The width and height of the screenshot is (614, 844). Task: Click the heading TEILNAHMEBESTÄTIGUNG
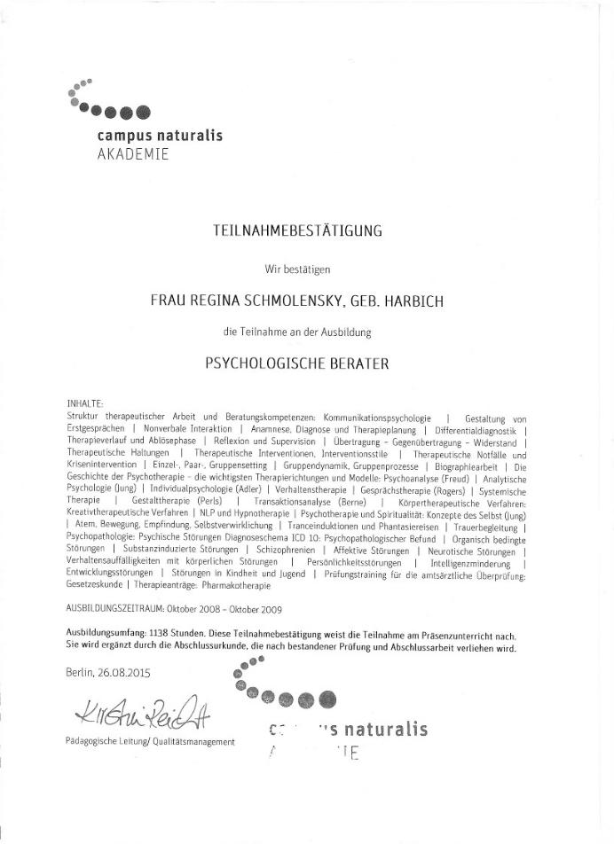coord(298,231)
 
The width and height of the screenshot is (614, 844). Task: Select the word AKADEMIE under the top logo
coord(132,153)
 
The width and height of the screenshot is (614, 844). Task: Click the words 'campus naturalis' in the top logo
coord(160,136)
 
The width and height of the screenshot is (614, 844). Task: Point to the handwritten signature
coord(146,710)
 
